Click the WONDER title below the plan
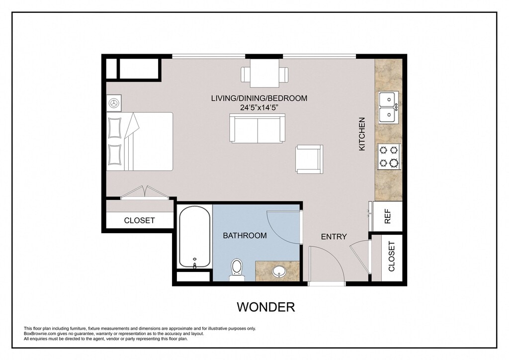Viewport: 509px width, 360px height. point(266,307)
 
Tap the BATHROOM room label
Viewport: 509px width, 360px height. point(245,236)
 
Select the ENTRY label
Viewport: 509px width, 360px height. point(334,237)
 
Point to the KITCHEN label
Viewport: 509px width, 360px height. point(362,134)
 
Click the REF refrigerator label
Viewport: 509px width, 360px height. point(388,216)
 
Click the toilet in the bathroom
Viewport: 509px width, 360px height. point(236,270)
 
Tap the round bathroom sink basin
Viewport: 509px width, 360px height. point(278,271)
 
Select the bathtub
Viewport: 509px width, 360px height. point(194,237)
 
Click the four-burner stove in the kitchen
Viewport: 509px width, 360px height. point(389,157)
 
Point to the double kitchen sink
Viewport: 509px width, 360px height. point(388,107)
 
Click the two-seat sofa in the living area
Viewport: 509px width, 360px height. point(257,128)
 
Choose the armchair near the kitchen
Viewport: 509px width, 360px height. point(309,159)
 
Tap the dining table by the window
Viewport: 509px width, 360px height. point(264,74)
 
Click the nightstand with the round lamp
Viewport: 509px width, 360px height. point(114,103)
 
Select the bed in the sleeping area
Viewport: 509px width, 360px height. point(140,142)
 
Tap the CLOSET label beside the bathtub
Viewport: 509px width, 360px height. point(139,220)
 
